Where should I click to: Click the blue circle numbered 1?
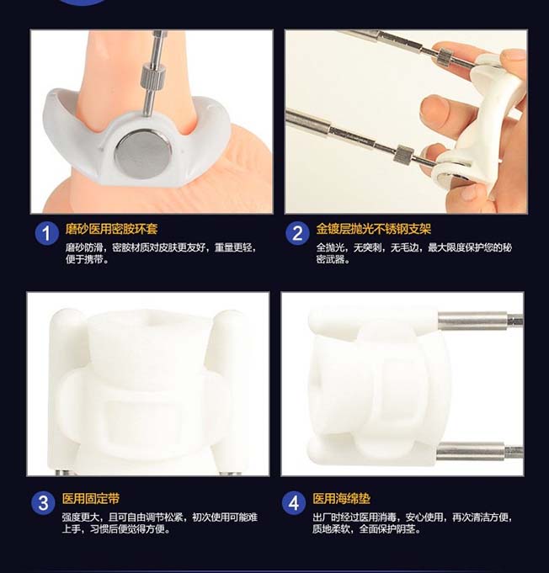tap(47, 233)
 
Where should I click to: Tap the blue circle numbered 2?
tap(297, 233)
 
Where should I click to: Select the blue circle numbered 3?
tap(43, 503)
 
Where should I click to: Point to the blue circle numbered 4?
tap(294, 503)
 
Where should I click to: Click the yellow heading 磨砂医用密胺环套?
tap(111, 229)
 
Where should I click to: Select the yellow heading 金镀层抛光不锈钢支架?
tap(373, 229)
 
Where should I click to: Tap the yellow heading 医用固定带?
tap(91, 498)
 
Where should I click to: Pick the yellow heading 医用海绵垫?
tap(341, 498)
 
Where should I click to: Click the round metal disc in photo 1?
tap(142, 153)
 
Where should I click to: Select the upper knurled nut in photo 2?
tap(446, 56)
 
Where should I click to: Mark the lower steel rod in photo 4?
tap(479, 452)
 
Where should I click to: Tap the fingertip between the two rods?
tap(434, 109)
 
